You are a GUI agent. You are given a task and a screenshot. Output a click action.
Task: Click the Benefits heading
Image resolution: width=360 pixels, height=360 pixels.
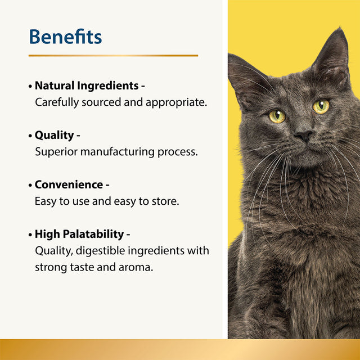65,37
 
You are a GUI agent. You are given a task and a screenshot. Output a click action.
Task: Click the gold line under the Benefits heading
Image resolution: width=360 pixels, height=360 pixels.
113,56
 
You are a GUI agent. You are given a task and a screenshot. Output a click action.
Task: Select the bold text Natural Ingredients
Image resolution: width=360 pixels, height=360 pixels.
87,86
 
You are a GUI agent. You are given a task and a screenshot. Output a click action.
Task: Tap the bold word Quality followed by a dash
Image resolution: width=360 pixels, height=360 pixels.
54,136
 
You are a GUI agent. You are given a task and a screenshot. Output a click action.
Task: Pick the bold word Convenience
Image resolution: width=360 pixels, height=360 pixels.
69,185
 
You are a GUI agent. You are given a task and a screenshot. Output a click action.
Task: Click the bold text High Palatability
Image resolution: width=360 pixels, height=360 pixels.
79,234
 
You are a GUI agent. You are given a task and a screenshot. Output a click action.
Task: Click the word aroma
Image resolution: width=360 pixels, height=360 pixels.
136,267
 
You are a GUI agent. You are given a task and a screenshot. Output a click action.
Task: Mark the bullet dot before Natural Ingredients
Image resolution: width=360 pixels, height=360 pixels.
30,87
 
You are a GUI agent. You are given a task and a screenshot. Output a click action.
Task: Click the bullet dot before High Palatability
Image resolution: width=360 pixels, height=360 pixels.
30,235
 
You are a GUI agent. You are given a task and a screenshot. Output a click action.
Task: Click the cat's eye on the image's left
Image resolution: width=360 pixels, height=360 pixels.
277,116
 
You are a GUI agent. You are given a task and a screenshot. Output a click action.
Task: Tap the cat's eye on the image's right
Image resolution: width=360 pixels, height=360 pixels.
321,106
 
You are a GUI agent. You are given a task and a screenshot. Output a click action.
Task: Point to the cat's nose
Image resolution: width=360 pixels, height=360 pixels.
304,136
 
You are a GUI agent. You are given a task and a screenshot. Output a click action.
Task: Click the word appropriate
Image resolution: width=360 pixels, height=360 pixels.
177,102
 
